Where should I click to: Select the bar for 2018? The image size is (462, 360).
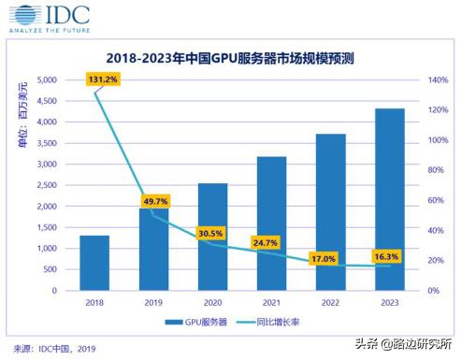[94, 263]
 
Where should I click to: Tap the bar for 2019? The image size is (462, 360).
[153, 249]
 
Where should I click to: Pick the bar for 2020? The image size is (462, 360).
[213, 237]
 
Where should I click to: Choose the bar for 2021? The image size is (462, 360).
[272, 223]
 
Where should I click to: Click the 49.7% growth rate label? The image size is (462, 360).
[155, 200]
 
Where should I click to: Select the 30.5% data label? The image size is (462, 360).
[210, 233]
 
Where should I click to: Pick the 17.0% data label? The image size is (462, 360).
[324, 259]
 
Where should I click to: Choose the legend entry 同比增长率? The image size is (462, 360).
[281, 323]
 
